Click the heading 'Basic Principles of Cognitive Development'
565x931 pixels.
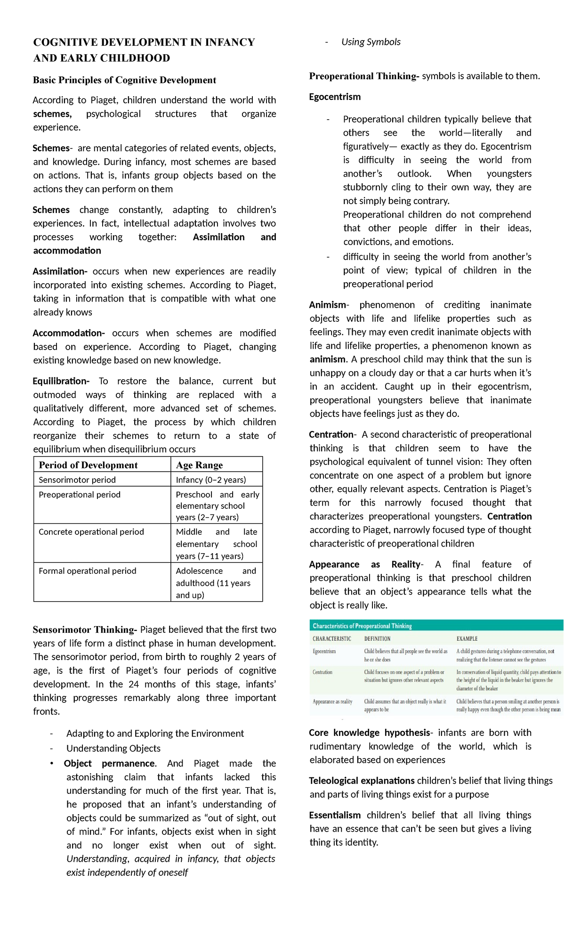(124, 80)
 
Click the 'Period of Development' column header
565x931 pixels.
(88, 465)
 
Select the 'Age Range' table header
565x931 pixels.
(199, 465)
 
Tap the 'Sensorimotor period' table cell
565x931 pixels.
(77, 480)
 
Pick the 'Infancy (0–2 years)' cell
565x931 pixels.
(210, 480)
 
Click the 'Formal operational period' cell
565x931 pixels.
(88, 571)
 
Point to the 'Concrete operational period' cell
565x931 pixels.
(91, 531)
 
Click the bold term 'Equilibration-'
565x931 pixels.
(61, 381)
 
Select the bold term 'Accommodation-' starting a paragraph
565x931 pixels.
(69, 333)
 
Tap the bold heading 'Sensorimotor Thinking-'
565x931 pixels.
(85, 629)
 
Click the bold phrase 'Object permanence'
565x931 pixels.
(109, 763)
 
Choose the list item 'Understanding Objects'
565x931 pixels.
(113, 748)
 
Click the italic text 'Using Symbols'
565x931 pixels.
(371, 42)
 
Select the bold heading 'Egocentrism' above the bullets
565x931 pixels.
(335, 97)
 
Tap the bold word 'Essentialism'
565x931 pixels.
(335, 815)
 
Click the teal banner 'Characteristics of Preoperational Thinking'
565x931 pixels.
(362, 626)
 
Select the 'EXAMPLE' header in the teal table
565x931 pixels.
(467, 638)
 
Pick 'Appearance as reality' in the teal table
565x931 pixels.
(332, 702)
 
